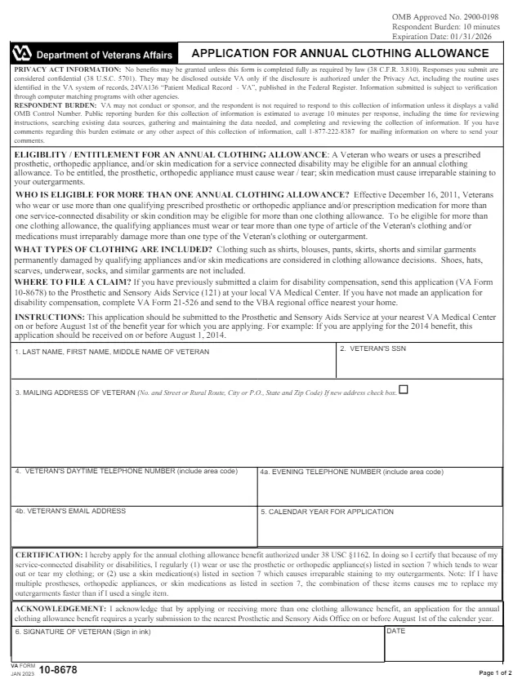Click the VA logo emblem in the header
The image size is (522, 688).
[x=23, y=54]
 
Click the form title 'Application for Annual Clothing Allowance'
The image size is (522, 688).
[x=340, y=53]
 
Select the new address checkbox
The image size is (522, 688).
[x=404, y=389]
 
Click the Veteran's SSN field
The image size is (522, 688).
[x=418, y=364]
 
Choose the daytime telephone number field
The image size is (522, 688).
[x=134, y=490]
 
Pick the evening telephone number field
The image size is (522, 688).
[x=379, y=490]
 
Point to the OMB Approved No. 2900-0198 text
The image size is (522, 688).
[x=445, y=17]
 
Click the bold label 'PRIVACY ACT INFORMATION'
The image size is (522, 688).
[x=68, y=70]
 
